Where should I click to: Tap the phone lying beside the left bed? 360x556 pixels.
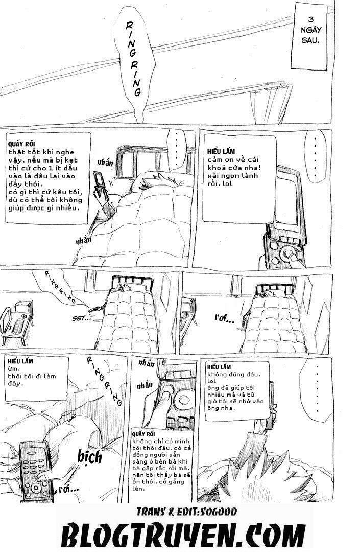(94, 308)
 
